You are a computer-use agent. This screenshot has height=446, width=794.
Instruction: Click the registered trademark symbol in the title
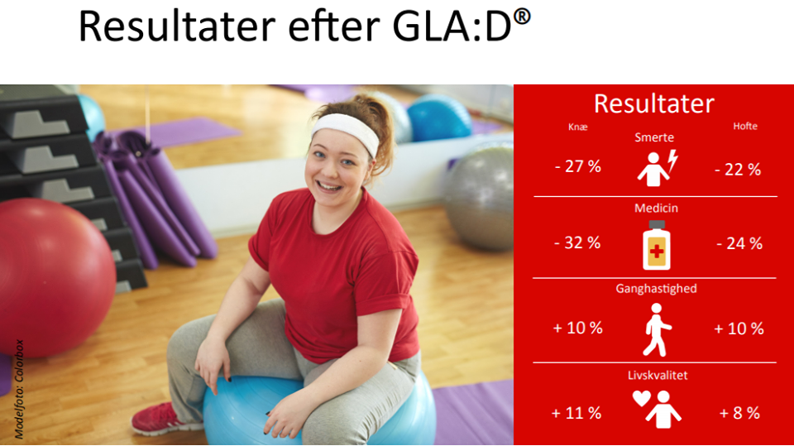tap(522, 17)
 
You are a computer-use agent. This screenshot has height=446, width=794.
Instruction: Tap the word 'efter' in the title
tap(333, 26)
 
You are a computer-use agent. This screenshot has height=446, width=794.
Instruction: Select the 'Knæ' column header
tap(578, 127)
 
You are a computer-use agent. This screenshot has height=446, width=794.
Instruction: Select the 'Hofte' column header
tap(745, 126)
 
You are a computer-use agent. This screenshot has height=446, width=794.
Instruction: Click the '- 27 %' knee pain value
tap(578, 166)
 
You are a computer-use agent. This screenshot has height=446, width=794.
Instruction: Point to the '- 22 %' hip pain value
tap(738, 170)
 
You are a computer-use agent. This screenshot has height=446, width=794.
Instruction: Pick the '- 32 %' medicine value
tap(577, 242)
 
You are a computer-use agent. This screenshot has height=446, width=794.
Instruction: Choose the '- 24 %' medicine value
tap(739, 244)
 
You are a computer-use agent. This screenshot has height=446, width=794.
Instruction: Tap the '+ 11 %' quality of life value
tap(576, 413)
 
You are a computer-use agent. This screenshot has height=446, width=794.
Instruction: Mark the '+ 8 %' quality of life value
tap(739, 413)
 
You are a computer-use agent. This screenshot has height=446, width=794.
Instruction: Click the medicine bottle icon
tap(656, 245)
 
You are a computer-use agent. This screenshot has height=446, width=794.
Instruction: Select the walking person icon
tap(656, 329)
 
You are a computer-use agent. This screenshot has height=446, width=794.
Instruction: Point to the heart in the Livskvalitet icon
tap(642, 398)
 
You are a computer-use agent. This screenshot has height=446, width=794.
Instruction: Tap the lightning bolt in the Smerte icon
tap(672, 161)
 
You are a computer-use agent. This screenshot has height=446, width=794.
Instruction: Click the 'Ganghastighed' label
tap(656, 289)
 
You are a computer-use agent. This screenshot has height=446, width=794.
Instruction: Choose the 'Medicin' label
tap(656, 208)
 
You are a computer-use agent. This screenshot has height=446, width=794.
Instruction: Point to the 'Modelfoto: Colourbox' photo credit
tap(19, 389)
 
